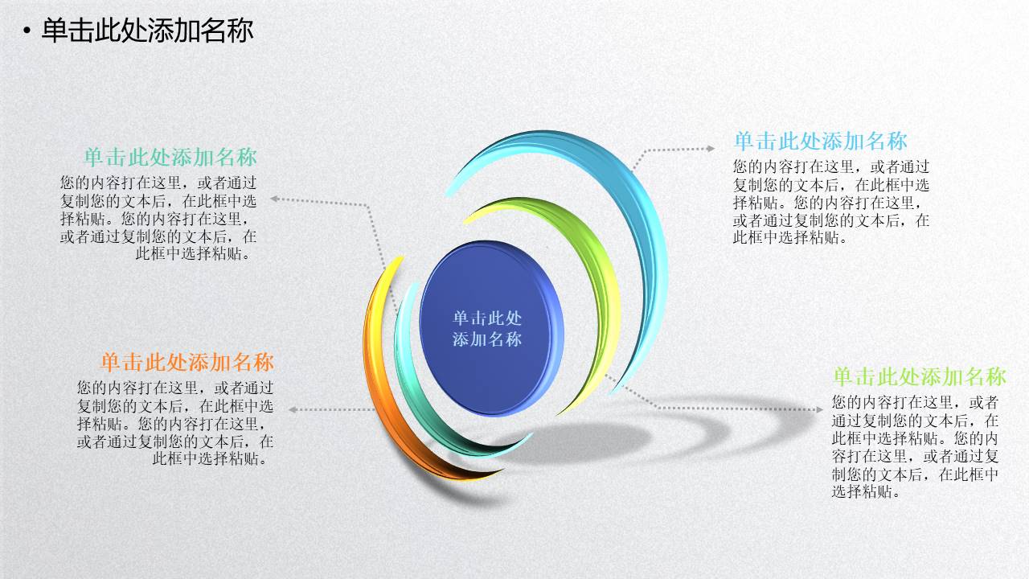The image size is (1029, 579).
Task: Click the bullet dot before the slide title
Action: click(27, 31)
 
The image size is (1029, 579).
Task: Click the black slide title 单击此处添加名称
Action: click(147, 31)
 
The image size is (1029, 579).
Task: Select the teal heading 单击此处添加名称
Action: click(170, 156)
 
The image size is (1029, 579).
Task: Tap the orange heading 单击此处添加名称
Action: click(187, 361)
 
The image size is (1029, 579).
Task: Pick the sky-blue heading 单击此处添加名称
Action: click(820, 142)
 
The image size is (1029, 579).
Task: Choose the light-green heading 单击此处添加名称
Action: click(919, 376)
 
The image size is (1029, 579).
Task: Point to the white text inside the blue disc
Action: click(487, 328)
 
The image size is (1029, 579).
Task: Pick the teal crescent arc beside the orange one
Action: click(418, 402)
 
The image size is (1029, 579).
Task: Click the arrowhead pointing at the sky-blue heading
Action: click(710, 148)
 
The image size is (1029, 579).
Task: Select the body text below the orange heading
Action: click(174, 422)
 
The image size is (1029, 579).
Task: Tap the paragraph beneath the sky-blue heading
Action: click(831, 202)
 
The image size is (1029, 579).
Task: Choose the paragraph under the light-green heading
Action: click(916, 446)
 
